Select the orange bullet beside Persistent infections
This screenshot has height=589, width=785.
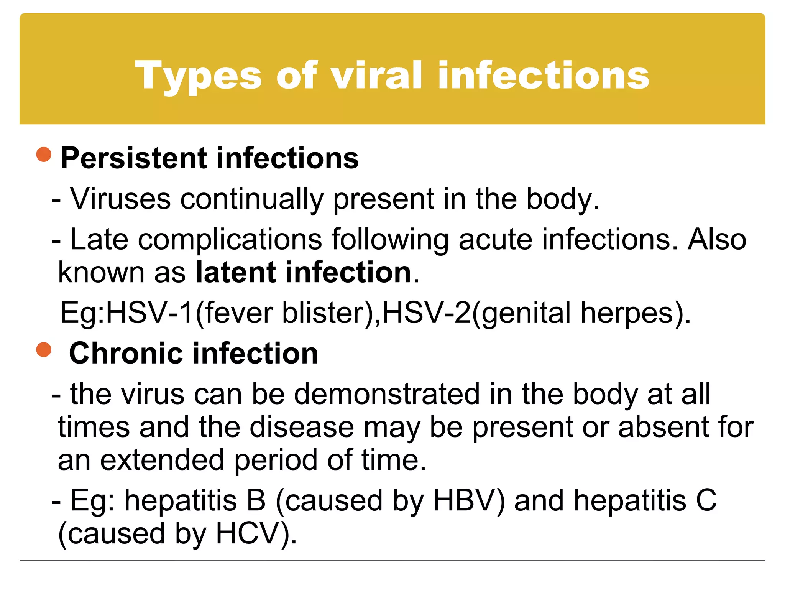[x=44, y=155]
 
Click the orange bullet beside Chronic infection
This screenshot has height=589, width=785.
[x=44, y=350]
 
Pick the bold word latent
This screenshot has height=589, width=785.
[x=236, y=272]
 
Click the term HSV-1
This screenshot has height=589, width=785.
[x=149, y=313]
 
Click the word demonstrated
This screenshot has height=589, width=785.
[x=387, y=394]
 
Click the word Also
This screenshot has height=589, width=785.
[x=717, y=239]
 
